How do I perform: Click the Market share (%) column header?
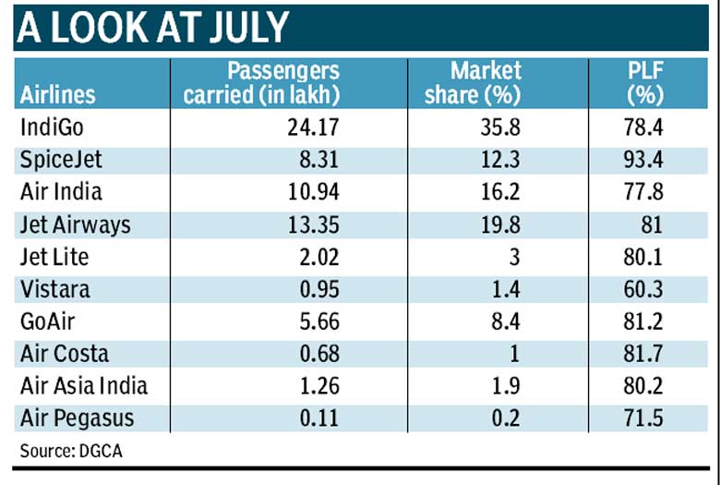tap(486, 82)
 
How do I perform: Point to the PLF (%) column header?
tap(645, 82)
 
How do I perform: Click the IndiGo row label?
tap(52, 127)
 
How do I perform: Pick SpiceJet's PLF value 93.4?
tap(644, 160)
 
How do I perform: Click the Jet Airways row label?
tap(75, 224)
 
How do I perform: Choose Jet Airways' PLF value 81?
tap(654, 224)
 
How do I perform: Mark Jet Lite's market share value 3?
tap(515, 257)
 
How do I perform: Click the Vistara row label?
tap(54, 289)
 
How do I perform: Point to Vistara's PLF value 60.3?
tap(644, 289)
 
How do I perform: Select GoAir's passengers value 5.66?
tap(316, 321)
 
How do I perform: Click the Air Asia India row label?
tap(83, 386)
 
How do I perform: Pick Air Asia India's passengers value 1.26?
tap(316, 386)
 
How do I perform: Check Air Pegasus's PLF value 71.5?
tap(644, 418)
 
